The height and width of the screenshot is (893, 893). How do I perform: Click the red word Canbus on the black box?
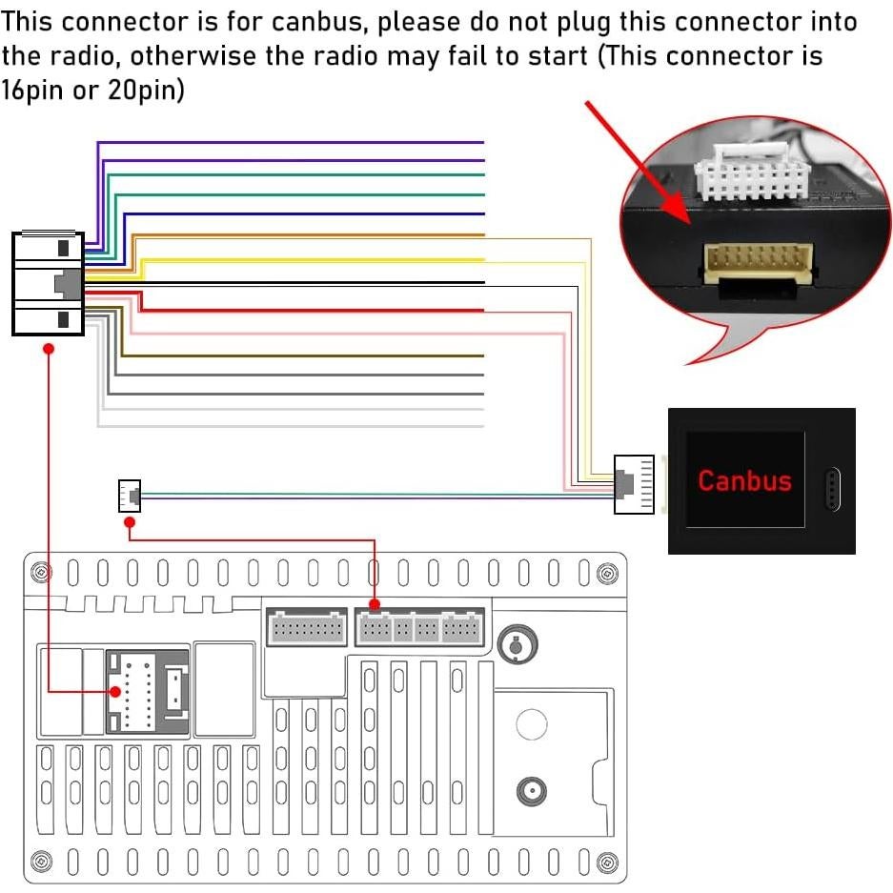tap(744, 479)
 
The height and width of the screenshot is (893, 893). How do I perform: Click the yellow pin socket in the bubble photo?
tap(758, 259)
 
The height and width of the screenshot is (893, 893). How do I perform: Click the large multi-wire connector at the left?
tap(48, 283)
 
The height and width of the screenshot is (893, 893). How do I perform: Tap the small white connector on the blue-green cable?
tap(129, 496)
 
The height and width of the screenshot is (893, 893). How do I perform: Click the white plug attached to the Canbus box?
tap(634, 484)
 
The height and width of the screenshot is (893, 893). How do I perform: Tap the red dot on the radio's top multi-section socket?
tap(375, 604)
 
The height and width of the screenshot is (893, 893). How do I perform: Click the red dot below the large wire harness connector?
tap(49, 350)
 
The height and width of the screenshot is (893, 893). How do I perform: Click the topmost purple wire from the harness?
tap(286, 143)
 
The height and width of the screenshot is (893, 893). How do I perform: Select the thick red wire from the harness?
tap(315, 309)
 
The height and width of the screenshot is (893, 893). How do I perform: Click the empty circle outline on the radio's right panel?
tap(532, 724)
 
